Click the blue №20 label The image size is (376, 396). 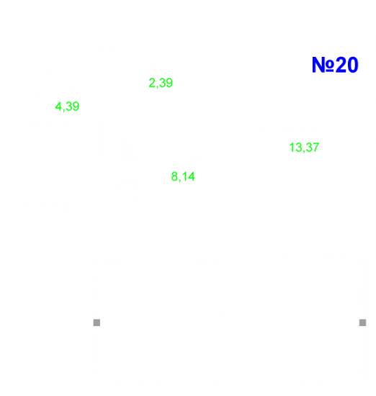335,65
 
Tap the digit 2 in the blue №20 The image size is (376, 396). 341,65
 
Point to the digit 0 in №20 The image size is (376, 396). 353,65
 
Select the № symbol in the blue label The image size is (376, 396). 323,65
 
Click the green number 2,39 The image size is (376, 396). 161,83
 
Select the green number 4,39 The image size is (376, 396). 67,107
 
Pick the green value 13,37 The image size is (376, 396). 304,148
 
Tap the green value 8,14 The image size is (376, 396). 183,176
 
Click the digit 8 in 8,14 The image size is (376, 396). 174,176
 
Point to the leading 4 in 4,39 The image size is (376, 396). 58,107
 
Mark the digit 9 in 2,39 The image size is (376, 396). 169,83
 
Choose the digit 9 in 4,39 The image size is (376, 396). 76,107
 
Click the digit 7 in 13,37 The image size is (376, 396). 316,147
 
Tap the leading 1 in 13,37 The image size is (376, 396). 292,147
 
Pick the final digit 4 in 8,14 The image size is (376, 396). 192,176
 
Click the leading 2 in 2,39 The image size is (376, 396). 152,83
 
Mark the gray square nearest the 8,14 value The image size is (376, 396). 97,323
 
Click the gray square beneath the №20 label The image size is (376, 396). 362,323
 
